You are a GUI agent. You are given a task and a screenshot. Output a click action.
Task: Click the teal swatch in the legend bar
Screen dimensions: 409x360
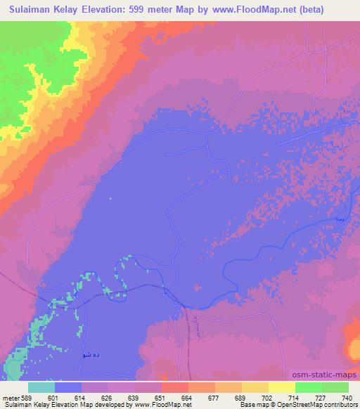[x=41, y=387]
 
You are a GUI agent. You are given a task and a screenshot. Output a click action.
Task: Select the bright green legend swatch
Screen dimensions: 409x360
[x=308, y=387]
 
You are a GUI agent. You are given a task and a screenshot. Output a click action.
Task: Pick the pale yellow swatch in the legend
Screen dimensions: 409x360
[x=281, y=387]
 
